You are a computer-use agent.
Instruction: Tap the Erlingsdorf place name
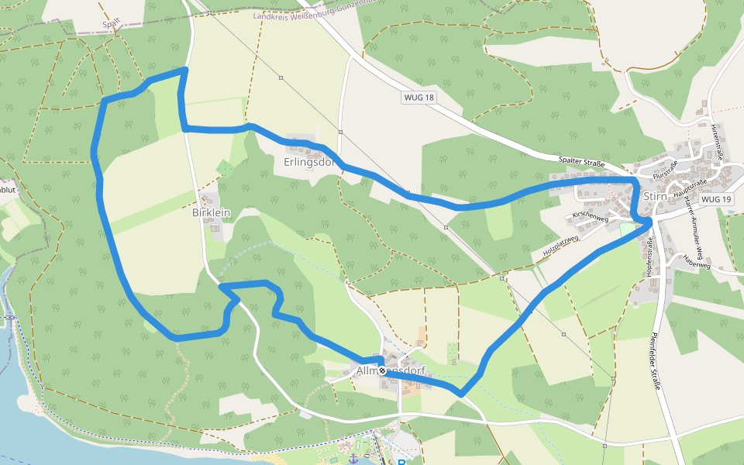point(308,163)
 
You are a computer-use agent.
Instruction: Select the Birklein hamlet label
point(211,212)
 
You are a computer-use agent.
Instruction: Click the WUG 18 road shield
point(418,98)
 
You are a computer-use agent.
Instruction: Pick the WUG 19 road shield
point(715,199)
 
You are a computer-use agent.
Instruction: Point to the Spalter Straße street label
point(581,161)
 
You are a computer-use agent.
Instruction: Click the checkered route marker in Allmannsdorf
point(382,371)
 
